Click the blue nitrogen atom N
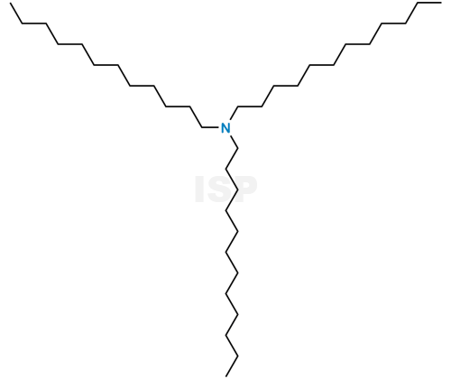click(x=225, y=128)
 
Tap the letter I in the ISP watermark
click(x=199, y=189)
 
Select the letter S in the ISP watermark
click(x=218, y=189)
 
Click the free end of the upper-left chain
click(x=11, y=4)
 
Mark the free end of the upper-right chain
click(x=441, y=3)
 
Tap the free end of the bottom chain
click(x=226, y=376)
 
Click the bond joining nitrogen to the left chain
click(x=211, y=127)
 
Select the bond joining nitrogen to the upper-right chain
click(x=234, y=114)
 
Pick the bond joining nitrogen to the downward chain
click(x=235, y=143)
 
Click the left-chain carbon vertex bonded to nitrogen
click(x=202, y=127)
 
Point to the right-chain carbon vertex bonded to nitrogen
click(x=238, y=106)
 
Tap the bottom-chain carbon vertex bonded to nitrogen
click(x=238, y=149)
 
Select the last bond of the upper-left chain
click(x=16, y=14)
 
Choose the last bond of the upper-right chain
click(x=430, y=3)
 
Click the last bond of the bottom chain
click(x=232, y=366)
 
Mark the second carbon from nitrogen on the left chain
click(x=190, y=106)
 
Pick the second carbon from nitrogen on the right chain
click(x=262, y=106)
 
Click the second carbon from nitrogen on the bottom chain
click(x=226, y=170)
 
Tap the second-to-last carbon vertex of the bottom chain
click(x=238, y=356)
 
